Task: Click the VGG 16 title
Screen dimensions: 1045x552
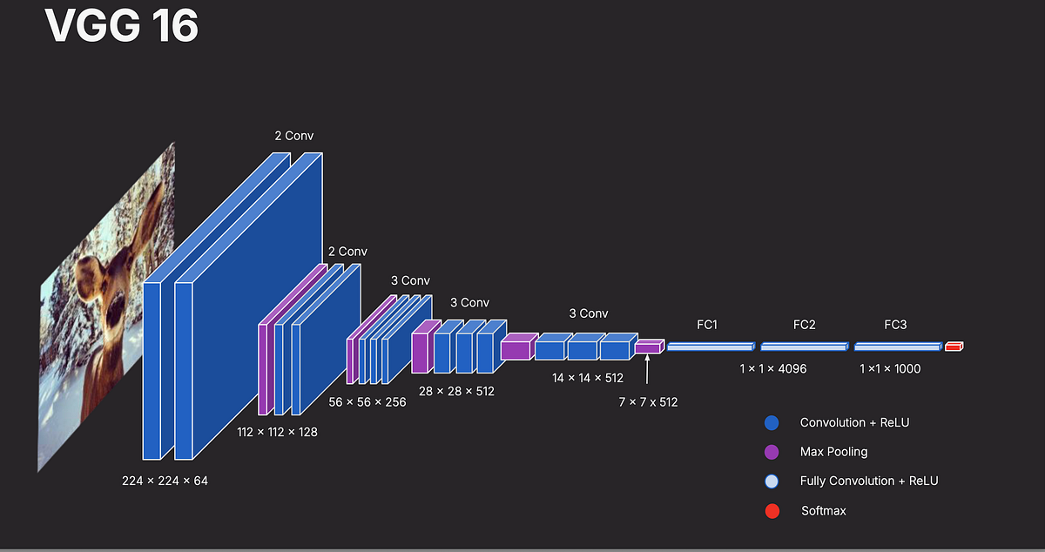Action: (122, 25)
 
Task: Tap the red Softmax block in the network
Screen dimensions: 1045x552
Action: (954, 347)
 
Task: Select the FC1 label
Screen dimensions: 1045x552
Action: (707, 325)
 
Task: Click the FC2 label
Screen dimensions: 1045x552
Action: (805, 325)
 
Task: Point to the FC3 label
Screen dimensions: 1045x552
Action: (895, 325)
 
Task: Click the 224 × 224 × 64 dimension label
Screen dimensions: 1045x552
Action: (165, 481)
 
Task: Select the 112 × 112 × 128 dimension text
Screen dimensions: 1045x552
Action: (277, 432)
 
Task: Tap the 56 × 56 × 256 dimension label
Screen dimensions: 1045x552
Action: (367, 402)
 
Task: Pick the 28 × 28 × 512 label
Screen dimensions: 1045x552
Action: (456, 392)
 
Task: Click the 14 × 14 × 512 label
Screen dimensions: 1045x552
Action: (587, 378)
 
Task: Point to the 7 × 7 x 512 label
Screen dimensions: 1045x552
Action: (648, 402)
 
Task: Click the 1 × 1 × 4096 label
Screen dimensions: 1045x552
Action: (773, 368)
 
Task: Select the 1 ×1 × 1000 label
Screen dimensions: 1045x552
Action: (890, 368)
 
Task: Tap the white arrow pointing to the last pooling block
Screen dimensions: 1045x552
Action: (647, 369)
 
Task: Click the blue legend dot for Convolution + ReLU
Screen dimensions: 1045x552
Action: (772, 423)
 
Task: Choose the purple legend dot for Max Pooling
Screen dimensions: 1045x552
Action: (772, 452)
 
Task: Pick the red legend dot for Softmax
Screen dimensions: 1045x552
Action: (772, 511)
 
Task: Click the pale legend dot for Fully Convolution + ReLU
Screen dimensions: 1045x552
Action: (772, 481)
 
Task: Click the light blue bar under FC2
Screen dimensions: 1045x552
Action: (805, 347)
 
